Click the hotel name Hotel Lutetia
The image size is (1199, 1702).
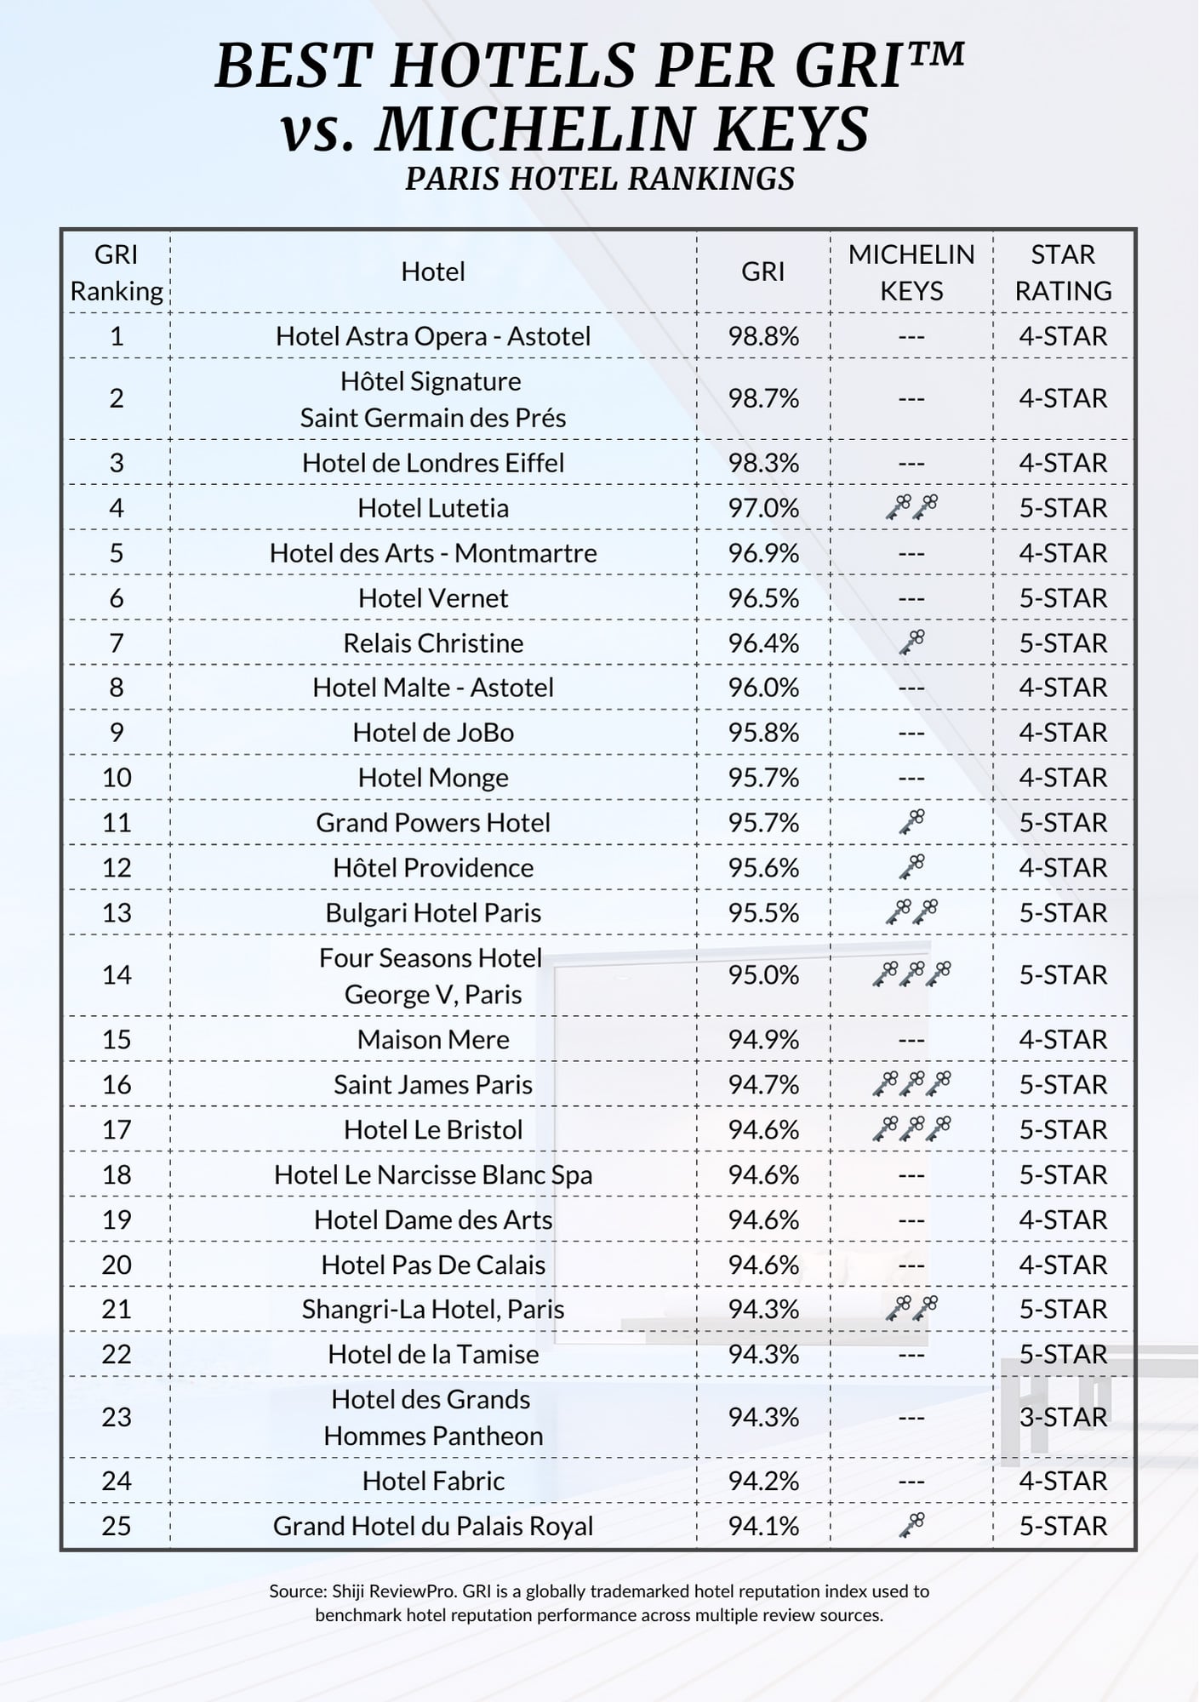(432, 508)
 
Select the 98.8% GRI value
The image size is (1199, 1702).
(762, 336)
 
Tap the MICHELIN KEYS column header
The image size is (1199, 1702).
(911, 272)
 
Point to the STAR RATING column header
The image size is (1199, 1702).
(1063, 272)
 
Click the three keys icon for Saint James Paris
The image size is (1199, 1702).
(911, 1083)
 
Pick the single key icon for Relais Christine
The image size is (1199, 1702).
(911, 642)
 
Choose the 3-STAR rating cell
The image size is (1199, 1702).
(1063, 1417)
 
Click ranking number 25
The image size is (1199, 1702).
(117, 1526)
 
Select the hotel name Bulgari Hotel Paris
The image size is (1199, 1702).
(432, 913)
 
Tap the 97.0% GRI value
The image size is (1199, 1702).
(762, 508)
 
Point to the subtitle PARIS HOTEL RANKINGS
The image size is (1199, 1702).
(599, 179)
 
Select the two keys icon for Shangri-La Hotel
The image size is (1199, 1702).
(911, 1308)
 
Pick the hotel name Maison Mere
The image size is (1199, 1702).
(432, 1039)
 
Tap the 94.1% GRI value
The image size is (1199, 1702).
(762, 1526)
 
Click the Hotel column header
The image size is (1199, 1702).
(432, 271)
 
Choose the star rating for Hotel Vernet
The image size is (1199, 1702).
(1063, 598)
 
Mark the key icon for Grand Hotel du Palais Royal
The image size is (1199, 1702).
(911, 1525)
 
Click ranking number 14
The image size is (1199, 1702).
(117, 974)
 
